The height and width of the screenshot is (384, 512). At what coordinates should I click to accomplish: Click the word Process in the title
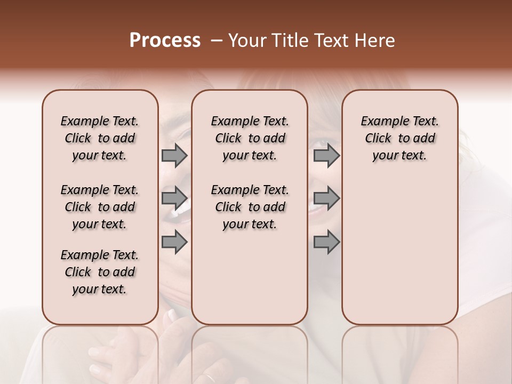(165, 41)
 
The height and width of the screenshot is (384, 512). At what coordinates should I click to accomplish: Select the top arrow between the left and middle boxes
(174, 156)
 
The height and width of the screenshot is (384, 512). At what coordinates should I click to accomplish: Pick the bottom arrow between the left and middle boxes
(174, 242)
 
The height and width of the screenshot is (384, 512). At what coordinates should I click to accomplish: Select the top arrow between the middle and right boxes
(326, 156)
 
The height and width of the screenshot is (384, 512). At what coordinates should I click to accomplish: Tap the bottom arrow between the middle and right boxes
(326, 242)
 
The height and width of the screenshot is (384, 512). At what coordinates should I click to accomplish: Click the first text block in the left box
(100, 138)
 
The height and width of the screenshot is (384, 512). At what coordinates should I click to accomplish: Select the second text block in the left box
(100, 207)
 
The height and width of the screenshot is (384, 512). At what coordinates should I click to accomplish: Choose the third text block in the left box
(100, 272)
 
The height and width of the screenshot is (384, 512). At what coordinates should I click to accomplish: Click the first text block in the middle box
(250, 138)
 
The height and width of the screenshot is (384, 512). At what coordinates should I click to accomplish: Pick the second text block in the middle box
(250, 207)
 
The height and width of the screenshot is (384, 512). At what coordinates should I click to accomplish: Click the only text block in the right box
(399, 138)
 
